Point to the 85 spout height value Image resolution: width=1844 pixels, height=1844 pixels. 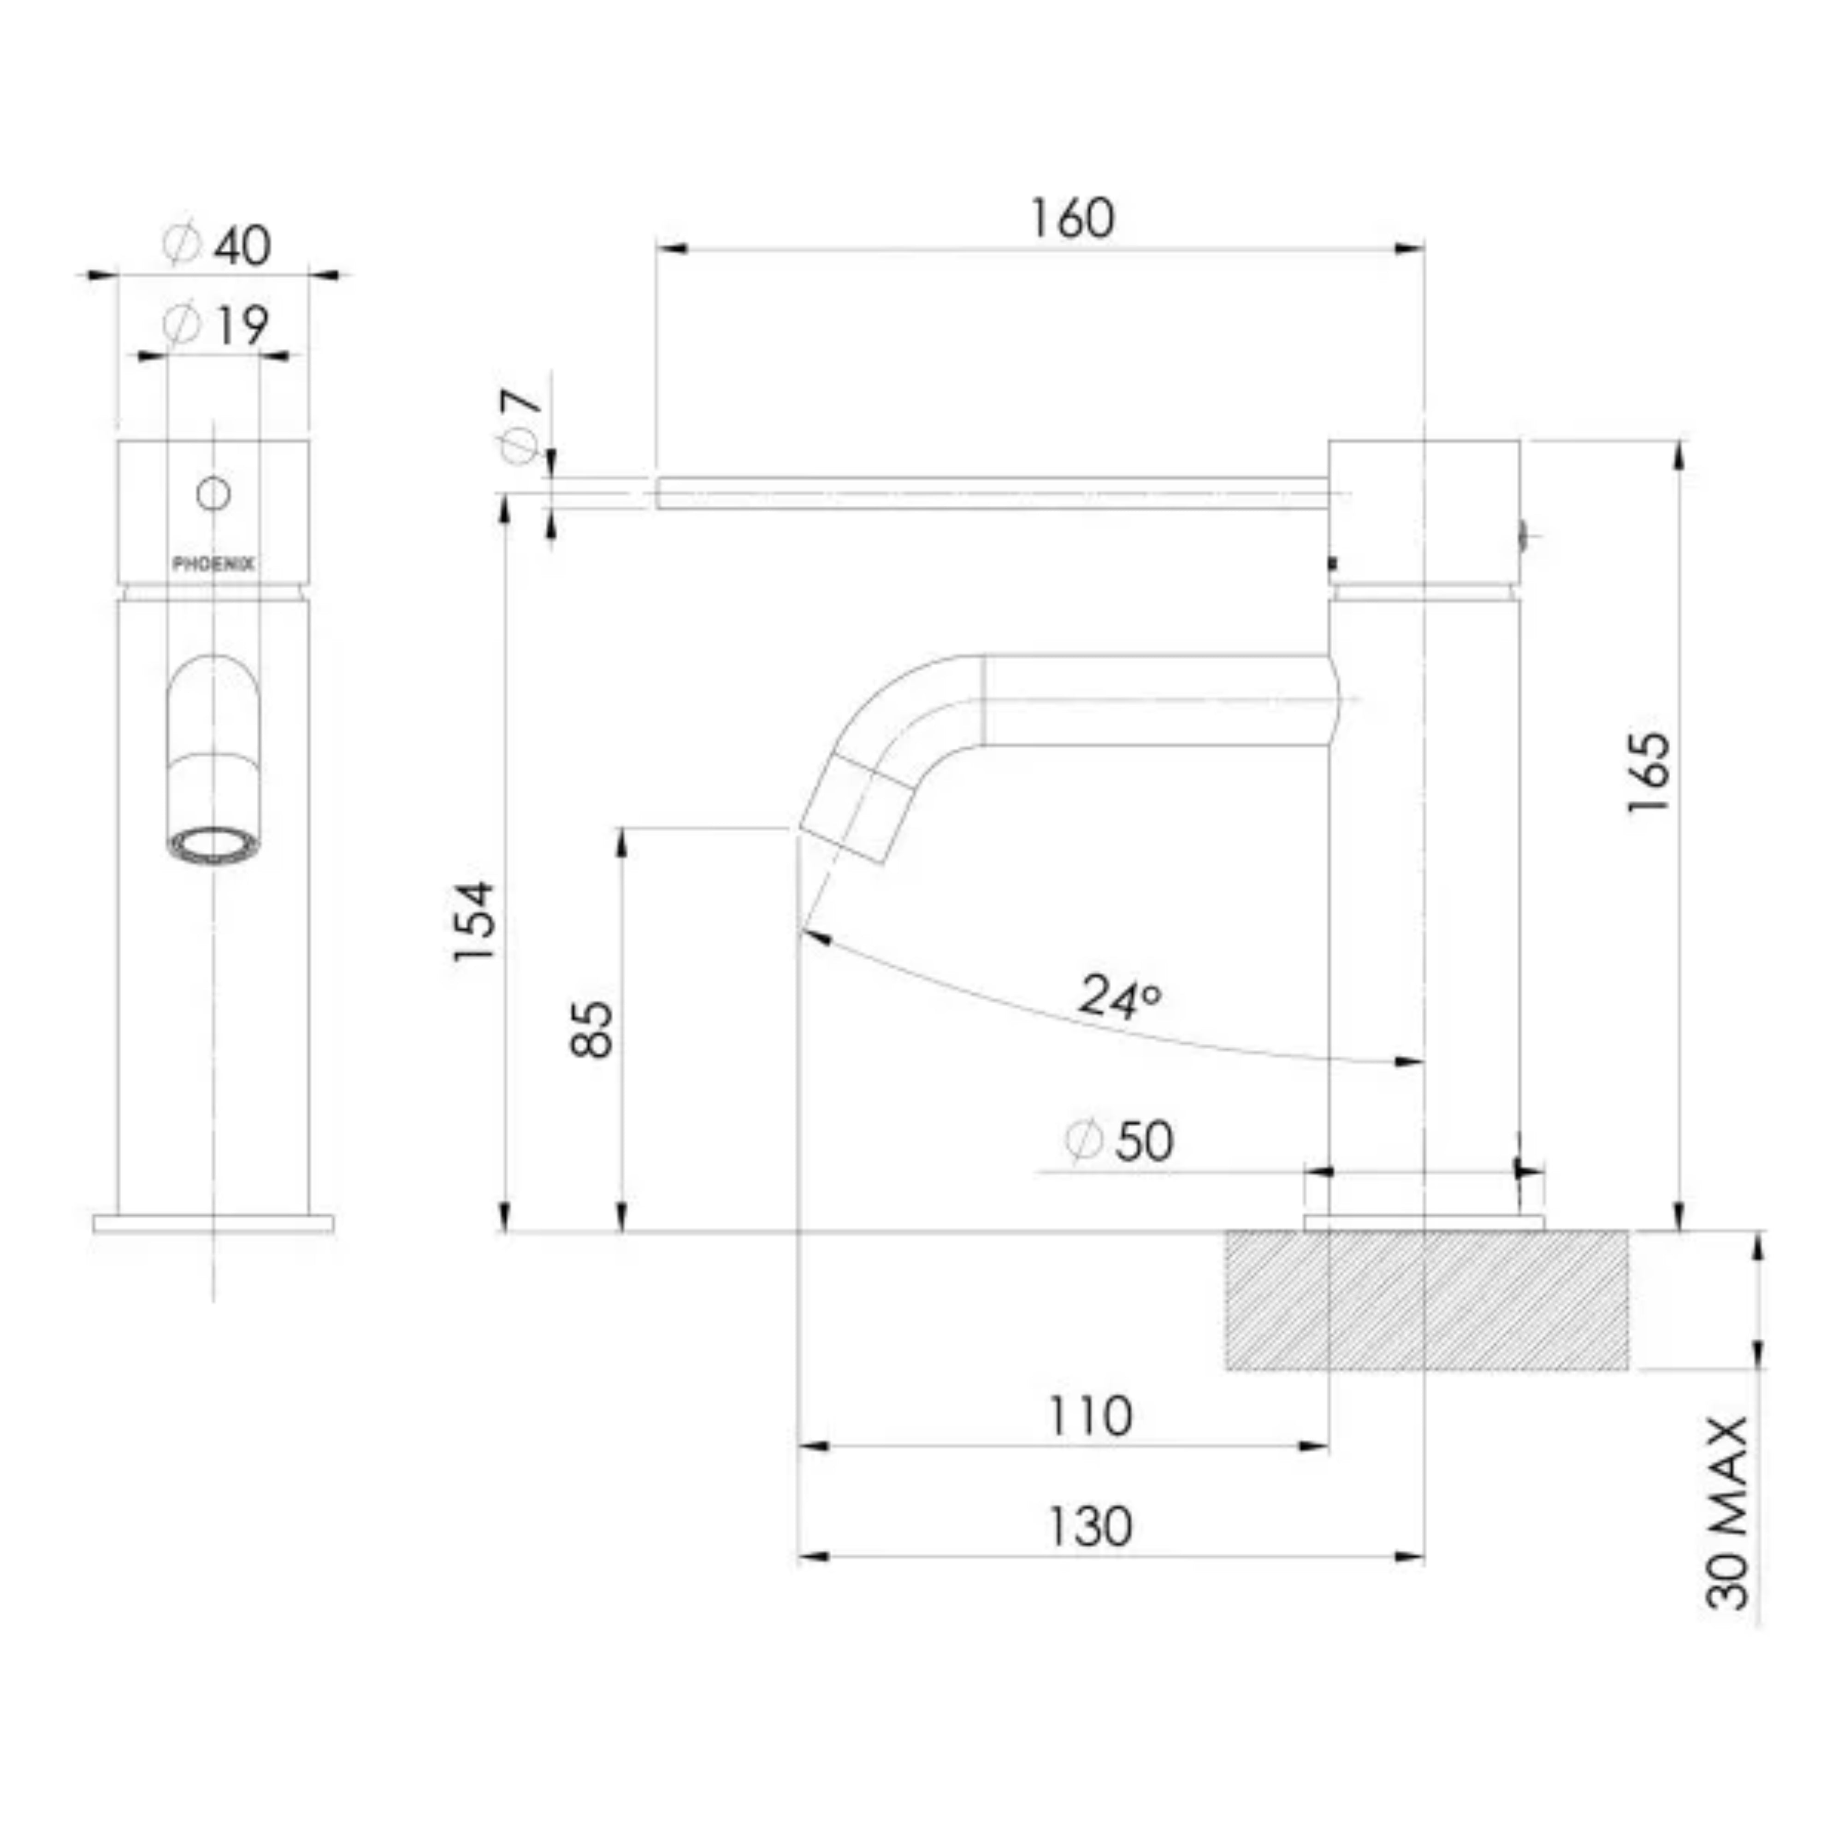[592, 1029]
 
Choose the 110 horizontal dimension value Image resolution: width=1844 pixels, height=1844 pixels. [1090, 1416]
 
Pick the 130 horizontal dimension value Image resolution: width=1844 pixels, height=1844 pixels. [1090, 1527]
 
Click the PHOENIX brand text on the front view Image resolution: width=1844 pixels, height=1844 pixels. [213, 564]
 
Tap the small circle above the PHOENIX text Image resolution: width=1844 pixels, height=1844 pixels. [213, 493]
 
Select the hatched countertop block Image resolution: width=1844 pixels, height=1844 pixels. [1427, 1300]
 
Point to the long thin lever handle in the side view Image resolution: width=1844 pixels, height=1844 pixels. [993, 492]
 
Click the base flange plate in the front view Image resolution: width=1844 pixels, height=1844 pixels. [213, 1223]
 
